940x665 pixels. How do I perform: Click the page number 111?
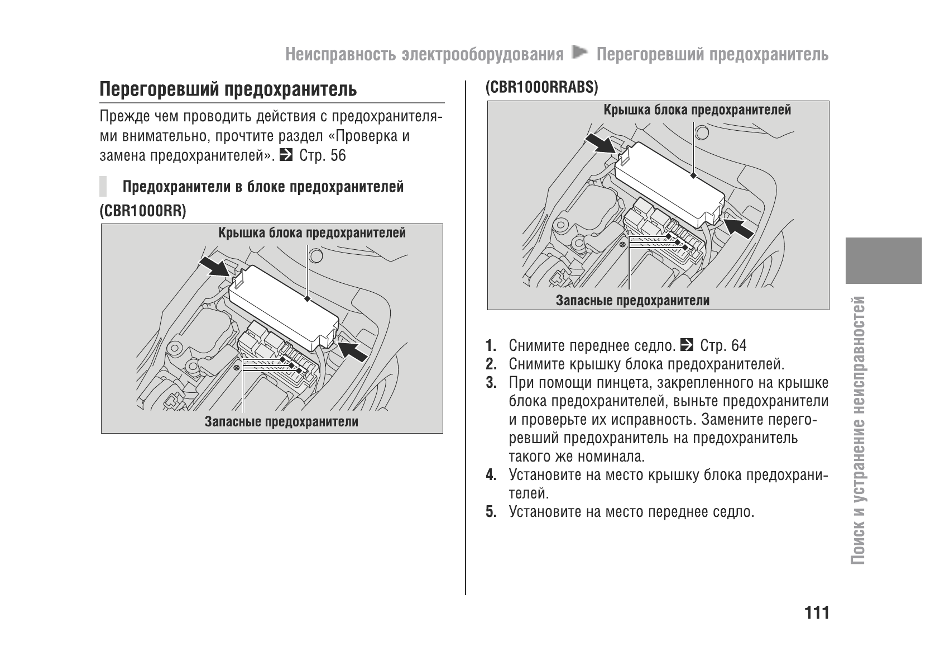[817, 613]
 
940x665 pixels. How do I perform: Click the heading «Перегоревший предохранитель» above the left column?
[228, 89]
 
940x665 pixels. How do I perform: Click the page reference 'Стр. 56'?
[323, 155]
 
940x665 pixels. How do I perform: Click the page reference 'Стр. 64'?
[723, 346]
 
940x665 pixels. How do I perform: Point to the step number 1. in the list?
[491, 346]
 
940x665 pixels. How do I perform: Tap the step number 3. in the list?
[491, 383]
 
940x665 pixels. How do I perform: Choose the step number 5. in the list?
[491, 512]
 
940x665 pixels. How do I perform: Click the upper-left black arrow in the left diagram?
[216, 267]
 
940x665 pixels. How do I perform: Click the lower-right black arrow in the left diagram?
[353, 351]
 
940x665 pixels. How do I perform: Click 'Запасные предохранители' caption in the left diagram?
[281, 422]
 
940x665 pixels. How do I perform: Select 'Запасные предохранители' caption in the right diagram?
[632, 301]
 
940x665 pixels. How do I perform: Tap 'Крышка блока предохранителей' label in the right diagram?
[697, 110]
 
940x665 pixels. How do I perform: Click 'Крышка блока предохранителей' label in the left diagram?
[311, 233]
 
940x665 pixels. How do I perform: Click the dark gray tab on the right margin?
[883, 260]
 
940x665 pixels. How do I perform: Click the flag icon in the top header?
[580, 53]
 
